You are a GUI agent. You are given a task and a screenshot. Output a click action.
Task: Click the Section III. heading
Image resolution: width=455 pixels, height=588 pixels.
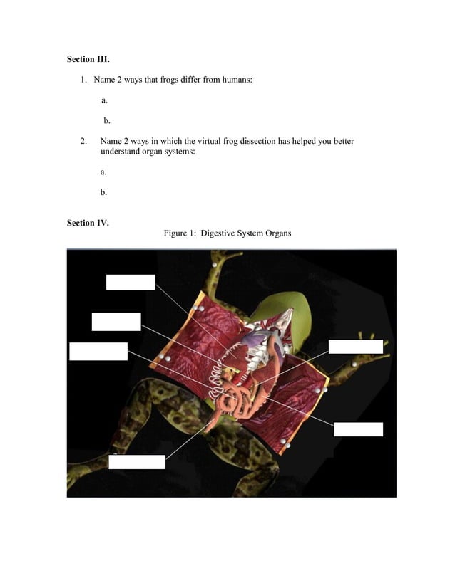[x=88, y=58]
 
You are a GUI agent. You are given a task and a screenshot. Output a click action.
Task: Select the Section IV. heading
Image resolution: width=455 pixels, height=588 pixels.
[x=88, y=223]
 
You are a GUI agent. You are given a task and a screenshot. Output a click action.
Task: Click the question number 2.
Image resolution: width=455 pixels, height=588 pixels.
[x=83, y=141]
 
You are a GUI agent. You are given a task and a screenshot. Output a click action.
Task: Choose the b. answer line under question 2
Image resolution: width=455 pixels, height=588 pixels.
[x=103, y=192]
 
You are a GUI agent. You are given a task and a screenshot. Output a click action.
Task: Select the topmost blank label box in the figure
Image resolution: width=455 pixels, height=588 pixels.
[x=131, y=282]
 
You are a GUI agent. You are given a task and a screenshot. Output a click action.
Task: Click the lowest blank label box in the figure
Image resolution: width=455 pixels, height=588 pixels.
[x=137, y=462]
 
